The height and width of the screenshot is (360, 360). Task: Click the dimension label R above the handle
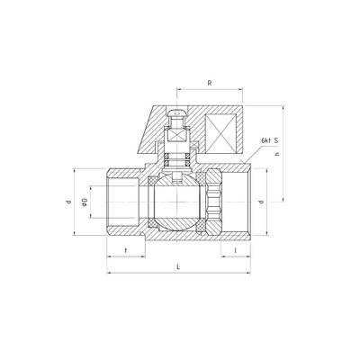tap(210, 83)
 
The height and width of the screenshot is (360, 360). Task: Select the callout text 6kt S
tap(270, 140)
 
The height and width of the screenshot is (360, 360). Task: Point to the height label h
tap(277, 154)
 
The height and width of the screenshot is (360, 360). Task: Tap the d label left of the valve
tap(68, 202)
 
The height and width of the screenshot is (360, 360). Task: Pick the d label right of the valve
tap(261, 202)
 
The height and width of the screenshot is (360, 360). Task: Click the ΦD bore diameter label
tap(85, 202)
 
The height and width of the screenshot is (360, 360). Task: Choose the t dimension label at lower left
tap(126, 250)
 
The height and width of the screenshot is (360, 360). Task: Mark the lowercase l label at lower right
tap(236, 250)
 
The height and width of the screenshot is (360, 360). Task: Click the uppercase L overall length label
tap(178, 266)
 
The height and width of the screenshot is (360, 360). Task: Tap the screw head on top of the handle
tap(177, 113)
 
